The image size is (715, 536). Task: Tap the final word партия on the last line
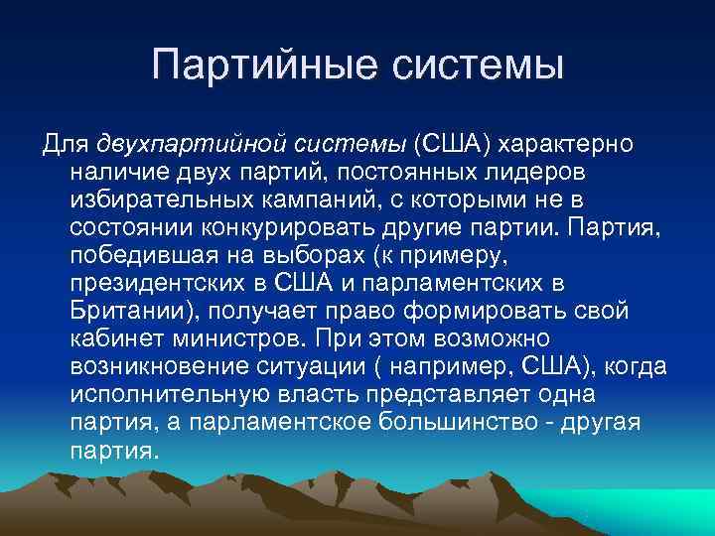[112, 451]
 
